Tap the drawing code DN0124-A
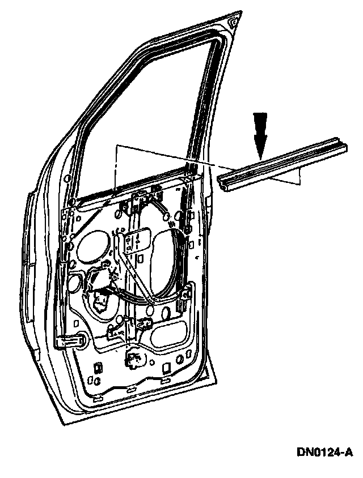324,453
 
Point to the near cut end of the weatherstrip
224,183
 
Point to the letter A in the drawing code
348,453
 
